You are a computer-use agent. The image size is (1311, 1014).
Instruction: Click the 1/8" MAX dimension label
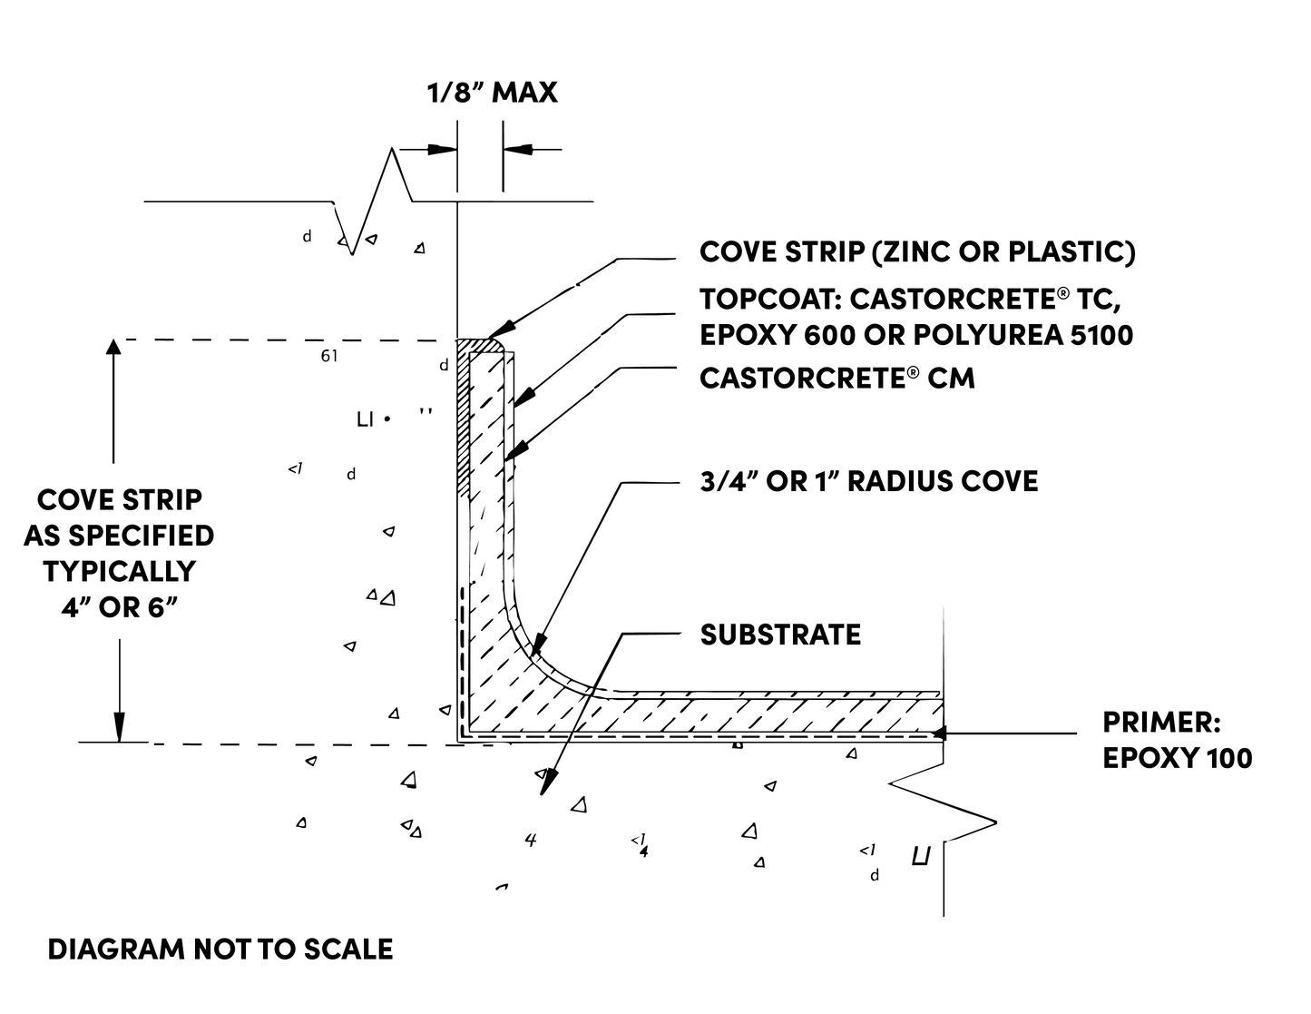point(492,93)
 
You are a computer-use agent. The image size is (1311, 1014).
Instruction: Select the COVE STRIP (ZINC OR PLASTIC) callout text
point(917,252)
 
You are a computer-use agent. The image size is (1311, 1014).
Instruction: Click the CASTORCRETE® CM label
point(836,378)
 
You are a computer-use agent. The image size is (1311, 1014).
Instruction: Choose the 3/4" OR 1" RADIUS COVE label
point(868,481)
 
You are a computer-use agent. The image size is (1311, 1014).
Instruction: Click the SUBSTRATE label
point(780,635)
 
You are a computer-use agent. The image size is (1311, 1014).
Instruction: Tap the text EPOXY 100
point(1177,758)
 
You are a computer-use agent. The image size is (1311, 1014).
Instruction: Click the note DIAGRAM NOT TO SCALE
point(220,950)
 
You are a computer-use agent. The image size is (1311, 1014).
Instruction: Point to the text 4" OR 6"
point(118,607)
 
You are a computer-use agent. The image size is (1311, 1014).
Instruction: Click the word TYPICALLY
point(119,572)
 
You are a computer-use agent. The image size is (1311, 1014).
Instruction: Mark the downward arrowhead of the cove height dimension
point(119,729)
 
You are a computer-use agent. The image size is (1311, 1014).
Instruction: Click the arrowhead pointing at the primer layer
point(940,732)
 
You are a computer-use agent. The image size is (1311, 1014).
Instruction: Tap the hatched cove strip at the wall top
point(464,418)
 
